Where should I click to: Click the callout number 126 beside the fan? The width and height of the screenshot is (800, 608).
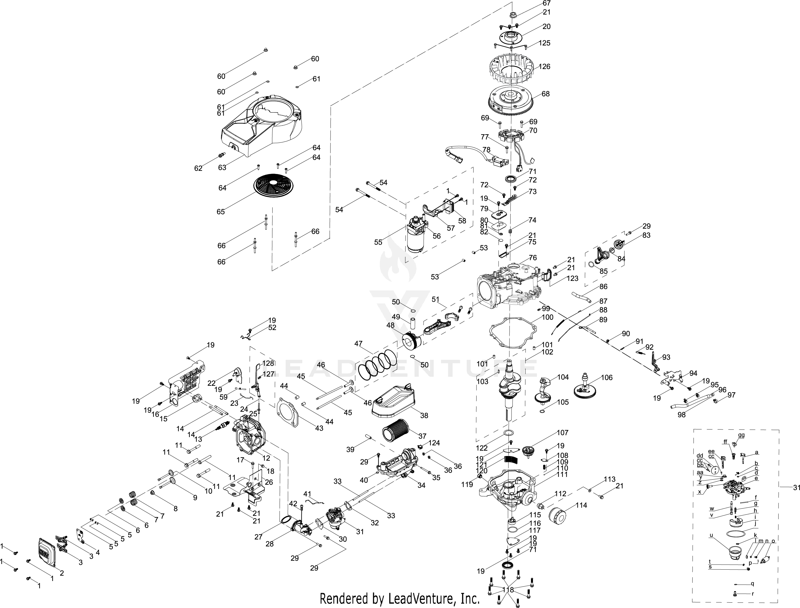point(545,67)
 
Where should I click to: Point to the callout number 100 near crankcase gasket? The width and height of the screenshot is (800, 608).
point(547,317)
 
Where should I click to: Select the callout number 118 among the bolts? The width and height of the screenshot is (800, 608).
point(508,590)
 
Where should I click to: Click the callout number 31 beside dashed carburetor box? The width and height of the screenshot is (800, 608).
point(796,488)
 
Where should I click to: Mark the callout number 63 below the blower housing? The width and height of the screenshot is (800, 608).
point(222,167)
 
